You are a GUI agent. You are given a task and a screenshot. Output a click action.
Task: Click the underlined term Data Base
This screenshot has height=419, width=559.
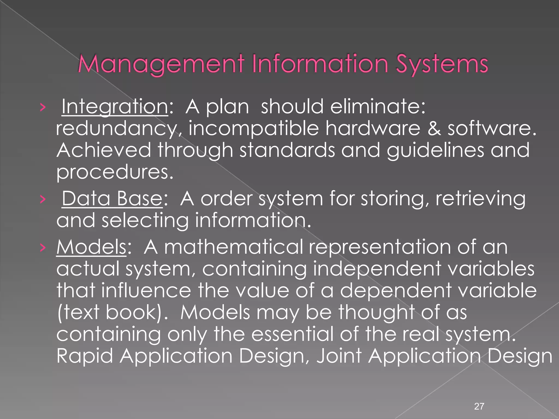[x=112, y=199]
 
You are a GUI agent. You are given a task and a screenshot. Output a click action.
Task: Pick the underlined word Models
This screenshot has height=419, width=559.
[x=91, y=247]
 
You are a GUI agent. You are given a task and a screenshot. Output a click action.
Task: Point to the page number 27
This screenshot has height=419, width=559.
[x=479, y=406]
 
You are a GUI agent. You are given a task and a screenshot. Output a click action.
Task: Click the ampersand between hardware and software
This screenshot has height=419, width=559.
[x=434, y=128]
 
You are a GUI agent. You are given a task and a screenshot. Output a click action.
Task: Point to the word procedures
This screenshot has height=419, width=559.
[x=115, y=172]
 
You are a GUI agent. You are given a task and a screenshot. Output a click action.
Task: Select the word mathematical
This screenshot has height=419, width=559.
[x=233, y=247]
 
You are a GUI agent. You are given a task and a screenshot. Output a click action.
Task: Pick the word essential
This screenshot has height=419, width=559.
[x=292, y=334]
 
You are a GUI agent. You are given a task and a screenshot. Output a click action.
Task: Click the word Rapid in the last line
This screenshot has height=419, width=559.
[x=85, y=356]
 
